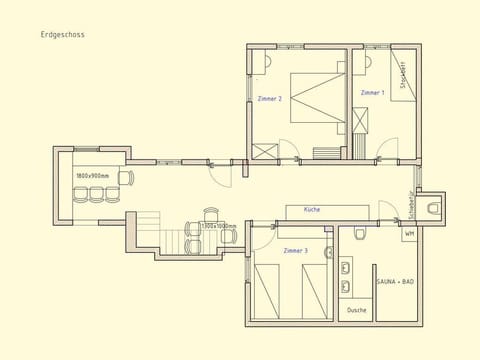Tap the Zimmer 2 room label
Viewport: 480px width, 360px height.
pos(269,99)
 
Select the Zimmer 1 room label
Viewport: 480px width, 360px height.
pos(372,92)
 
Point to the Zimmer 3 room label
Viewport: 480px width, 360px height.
pos(295,250)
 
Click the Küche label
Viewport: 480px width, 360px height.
pos(310,210)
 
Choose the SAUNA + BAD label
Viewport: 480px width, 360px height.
pos(395,282)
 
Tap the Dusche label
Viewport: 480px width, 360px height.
pos(357,310)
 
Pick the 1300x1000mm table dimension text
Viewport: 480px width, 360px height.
pos(218,226)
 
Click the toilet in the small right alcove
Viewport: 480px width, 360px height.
pos(433,208)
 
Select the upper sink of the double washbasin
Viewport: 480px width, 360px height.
pos(346,268)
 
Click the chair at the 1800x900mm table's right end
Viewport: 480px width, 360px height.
pos(126,178)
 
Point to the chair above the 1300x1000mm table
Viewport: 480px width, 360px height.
pos(211,213)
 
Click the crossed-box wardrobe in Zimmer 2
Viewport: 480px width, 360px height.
pos(263,152)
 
